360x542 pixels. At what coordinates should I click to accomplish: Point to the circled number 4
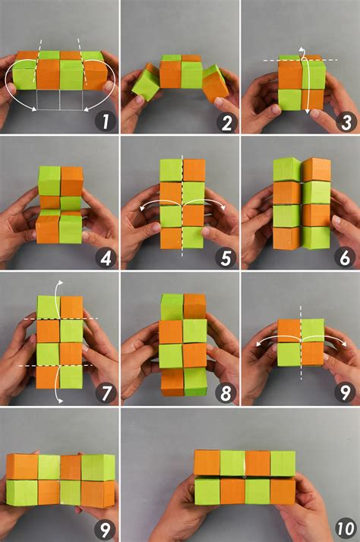(x=104, y=257)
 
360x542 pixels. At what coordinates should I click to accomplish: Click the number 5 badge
(x=224, y=257)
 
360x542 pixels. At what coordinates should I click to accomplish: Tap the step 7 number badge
(x=104, y=393)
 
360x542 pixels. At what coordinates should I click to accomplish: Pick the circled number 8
(x=224, y=393)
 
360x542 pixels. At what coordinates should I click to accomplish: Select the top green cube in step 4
(x=49, y=181)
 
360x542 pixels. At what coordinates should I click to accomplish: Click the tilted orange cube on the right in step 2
(x=216, y=83)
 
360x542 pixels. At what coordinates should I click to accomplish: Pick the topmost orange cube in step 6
(x=317, y=170)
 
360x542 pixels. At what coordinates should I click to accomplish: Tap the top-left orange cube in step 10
(x=207, y=462)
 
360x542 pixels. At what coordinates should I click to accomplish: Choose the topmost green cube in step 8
(x=172, y=307)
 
